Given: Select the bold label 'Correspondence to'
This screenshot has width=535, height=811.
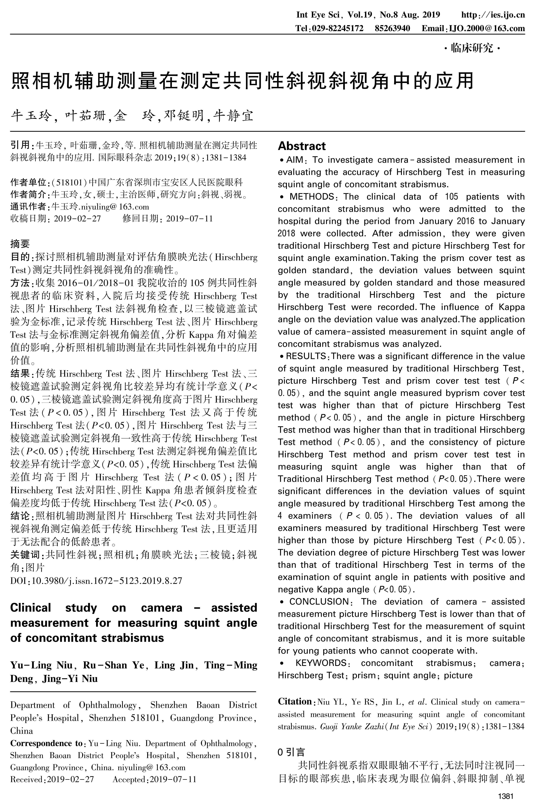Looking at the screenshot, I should click(x=46, y=743).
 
